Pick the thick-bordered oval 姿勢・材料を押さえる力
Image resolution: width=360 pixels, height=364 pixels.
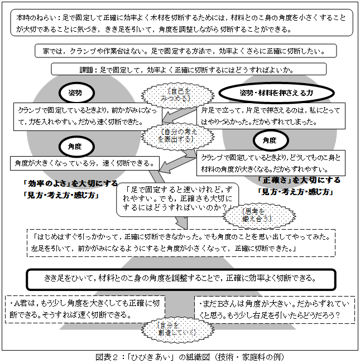click(x=276, y=92)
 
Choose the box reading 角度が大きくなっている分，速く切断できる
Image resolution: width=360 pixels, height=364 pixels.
click(x=84, y=163)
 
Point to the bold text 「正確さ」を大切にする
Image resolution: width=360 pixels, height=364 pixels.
click(x=299, y=180)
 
